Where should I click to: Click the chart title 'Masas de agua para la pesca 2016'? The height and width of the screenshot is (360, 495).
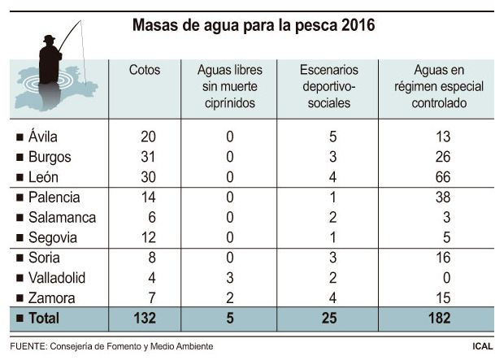point(253,26)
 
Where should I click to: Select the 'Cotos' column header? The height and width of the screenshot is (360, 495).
point(145,71)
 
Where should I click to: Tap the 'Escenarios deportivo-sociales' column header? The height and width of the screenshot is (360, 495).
point(329,87)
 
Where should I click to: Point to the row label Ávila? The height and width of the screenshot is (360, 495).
point(42,137)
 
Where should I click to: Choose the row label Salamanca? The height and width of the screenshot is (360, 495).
point(62,217)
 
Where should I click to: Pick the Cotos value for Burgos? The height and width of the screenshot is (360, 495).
point(148,157)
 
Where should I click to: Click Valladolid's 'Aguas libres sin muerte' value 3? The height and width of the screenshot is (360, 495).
point(231,277)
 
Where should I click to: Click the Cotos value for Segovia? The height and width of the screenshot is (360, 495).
point(148,237)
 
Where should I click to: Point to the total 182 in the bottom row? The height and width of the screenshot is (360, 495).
point(439,319)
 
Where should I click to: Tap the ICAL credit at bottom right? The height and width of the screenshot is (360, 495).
point(481,347)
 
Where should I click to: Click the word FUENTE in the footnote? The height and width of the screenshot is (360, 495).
point(30,347)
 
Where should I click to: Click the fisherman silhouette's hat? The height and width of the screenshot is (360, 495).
point(50,37)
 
